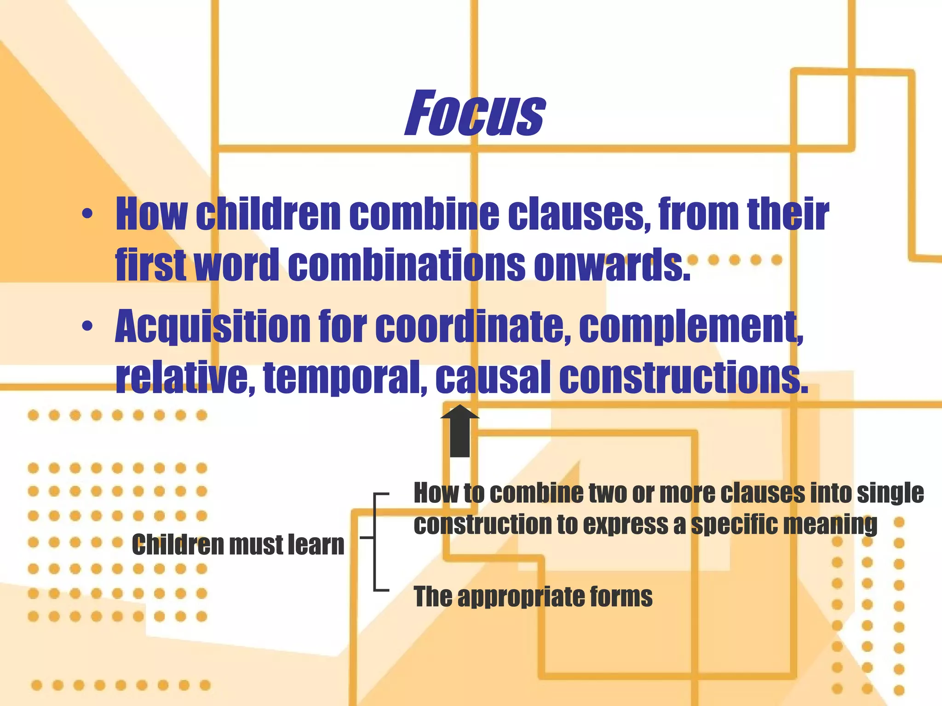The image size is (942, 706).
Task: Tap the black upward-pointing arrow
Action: pyautogui.click(x=460, y=431)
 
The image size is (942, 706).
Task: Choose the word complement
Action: pyautogui.click(x=690, y=327)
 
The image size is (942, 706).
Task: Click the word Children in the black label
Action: pyautogui.click(x=177, y=545)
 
